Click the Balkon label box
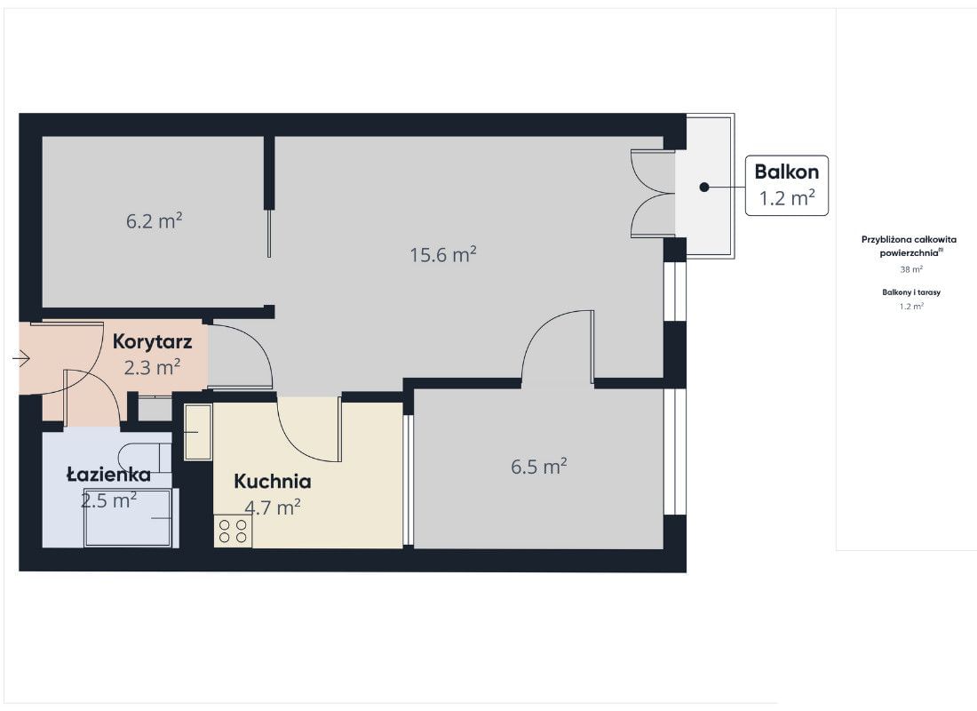(787, 186)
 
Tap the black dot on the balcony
(704, 188)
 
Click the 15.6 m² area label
(443, 254)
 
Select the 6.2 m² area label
(154, 220)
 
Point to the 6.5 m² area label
(539, 467)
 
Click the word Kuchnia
(273, 482)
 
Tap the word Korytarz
(152, 342)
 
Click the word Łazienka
(108, 475)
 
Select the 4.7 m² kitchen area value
(273, 507)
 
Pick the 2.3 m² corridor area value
(152, 367)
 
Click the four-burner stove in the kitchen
(233, 531)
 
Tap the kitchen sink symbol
(198, 432)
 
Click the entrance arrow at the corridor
(21, 359)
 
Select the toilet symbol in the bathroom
(145, 458)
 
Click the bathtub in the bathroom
(129, 517)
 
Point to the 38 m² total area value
(911, 269)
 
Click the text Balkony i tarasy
(911, 292)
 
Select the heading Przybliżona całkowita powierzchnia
(909, 245)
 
